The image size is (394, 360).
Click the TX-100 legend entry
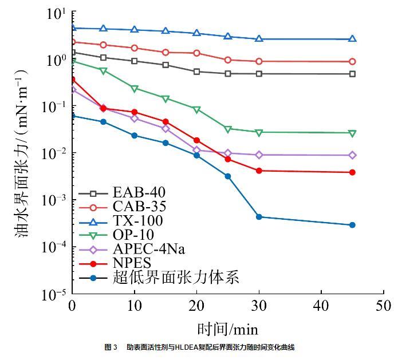point(138,220)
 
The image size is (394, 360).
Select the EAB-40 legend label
point(138,192)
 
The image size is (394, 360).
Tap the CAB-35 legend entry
point(138,206)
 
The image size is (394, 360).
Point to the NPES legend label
point(132,263)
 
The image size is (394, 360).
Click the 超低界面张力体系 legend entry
point(175,278)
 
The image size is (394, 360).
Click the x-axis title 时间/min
point(227,329)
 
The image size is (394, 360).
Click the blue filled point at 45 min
point(352,225)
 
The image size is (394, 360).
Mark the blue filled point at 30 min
point(259,217)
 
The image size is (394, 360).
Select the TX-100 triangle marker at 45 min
point(352,39)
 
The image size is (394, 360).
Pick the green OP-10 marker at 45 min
point(352,133)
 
